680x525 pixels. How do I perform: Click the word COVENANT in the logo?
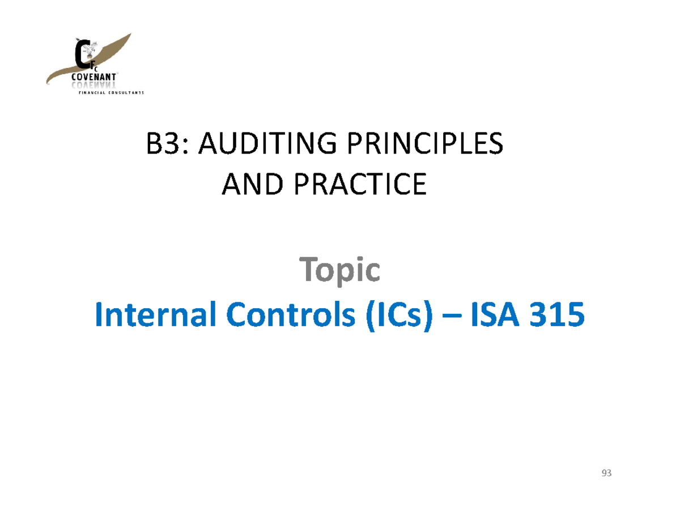tap(94, 78)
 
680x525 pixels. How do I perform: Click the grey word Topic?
tap(339, 270)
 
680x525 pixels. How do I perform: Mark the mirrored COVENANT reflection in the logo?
tap(94, 85)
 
